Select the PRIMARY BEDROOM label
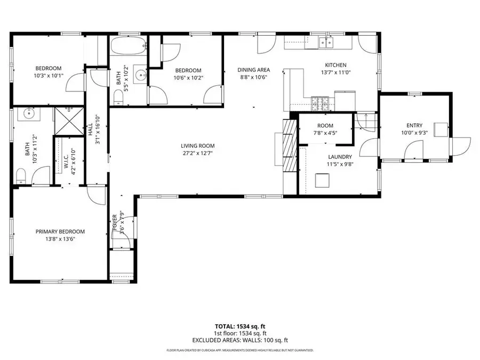tap(60, 231)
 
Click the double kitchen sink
tap(325, 42)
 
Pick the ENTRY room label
tap(414, 125)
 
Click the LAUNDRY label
tap(340, 157)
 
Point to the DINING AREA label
tap(253, 70)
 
